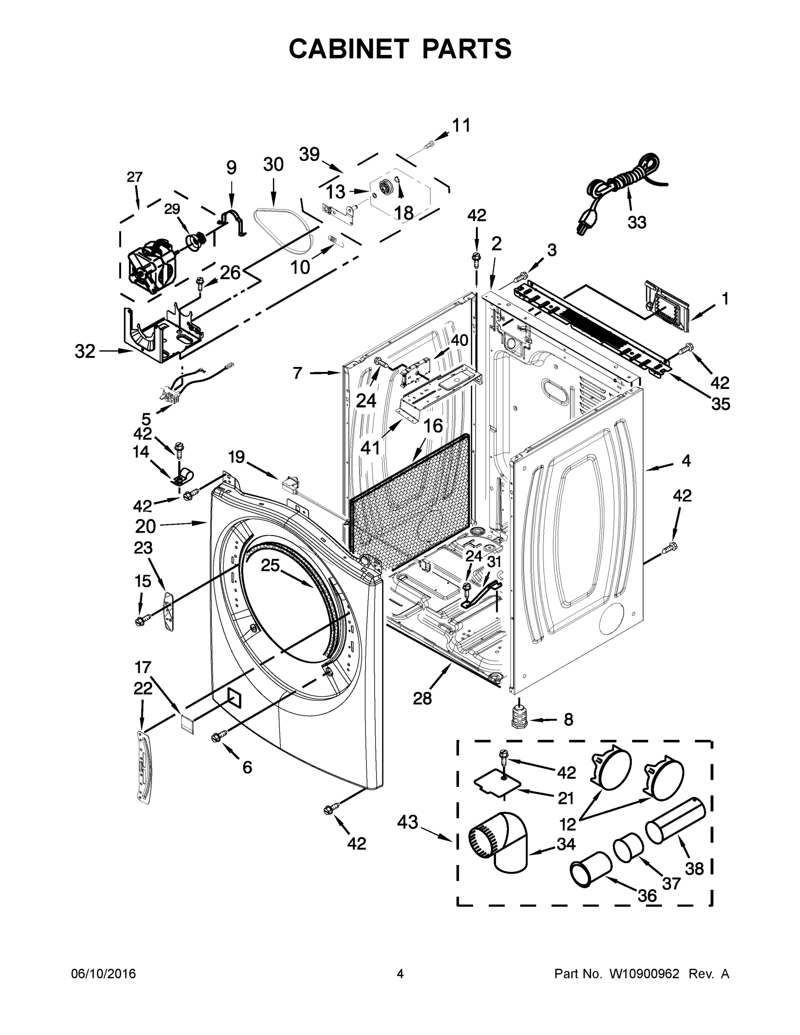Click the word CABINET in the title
[349, 48]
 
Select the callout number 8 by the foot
[568, 719]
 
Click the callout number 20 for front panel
[145, 526]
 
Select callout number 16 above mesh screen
[432, 426]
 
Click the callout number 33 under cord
[637, 222]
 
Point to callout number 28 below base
[422, 698]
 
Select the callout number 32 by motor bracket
[85, 351]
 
